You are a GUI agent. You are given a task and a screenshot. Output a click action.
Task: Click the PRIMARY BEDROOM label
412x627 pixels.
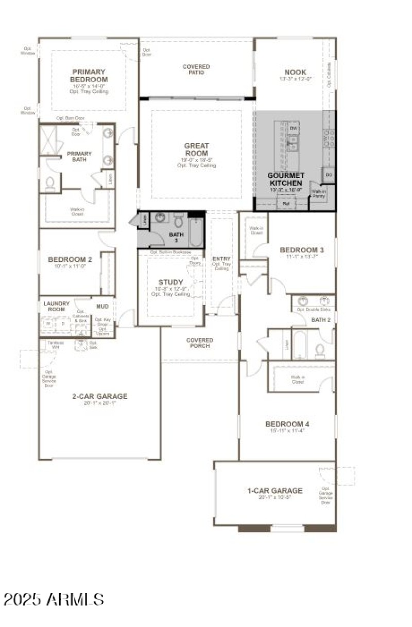point(89,76)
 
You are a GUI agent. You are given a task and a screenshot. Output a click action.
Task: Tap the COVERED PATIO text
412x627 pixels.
point(196,69)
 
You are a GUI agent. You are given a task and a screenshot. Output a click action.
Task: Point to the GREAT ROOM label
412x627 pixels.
point(196,150)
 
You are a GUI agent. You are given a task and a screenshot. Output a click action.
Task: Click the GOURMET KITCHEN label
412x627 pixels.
point(285,179)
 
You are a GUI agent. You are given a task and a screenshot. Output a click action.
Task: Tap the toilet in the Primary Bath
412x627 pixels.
point(50,184)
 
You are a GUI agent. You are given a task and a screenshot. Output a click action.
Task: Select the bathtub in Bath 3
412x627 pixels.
point(196,231)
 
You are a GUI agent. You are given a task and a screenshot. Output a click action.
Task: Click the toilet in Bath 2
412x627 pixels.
point(320,351)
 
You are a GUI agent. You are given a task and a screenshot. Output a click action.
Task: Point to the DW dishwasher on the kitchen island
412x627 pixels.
point(294,128)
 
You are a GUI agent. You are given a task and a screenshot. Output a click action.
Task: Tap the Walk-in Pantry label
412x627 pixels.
point(319,194)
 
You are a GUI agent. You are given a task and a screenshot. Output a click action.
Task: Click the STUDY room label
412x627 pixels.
point(170,282)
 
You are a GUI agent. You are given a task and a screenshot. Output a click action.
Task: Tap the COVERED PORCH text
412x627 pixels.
point(199,343)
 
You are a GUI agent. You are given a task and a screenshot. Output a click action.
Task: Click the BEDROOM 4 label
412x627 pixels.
point(287,424)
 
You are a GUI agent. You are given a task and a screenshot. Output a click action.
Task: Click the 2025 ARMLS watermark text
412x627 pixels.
point(54,599)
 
